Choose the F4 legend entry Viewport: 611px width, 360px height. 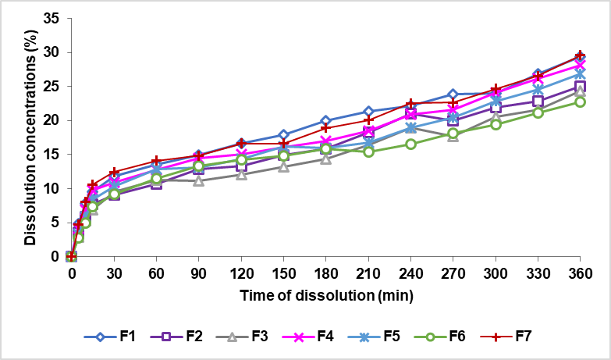[x=307, y=337]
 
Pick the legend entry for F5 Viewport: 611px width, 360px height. [x=372, y=337]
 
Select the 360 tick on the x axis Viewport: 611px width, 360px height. [x=580, y=274]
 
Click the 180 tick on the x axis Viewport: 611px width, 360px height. [x=325, y=274]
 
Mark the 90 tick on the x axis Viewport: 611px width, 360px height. [x=198, y=274]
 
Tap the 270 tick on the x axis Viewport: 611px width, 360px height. [x=453, y=274]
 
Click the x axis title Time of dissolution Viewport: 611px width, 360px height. [x=325, y=296]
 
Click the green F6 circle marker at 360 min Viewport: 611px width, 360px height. [x=580, y=102]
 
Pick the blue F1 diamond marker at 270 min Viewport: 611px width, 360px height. [x=453, y=94]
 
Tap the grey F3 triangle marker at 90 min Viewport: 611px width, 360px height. [x=198, y=180]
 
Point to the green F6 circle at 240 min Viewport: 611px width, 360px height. [x=410, y=144]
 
